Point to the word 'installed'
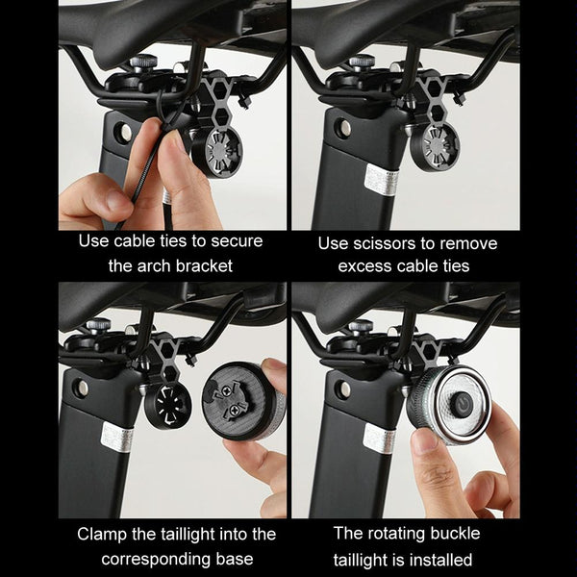pyautogui.click(x=440, y=560)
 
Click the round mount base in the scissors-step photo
pyautogui.click(x=435, y=147)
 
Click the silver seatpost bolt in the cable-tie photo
pyautogui.click(x=124, y=132)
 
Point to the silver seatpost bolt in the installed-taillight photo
pyautogui.click(x=345, y=389)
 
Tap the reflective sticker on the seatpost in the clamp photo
pyautogui.click(x=117, y=439)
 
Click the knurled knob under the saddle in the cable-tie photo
pyautogui.click(x=144, y=63)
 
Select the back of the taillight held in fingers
pyautogui.click(x=244, y=401)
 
